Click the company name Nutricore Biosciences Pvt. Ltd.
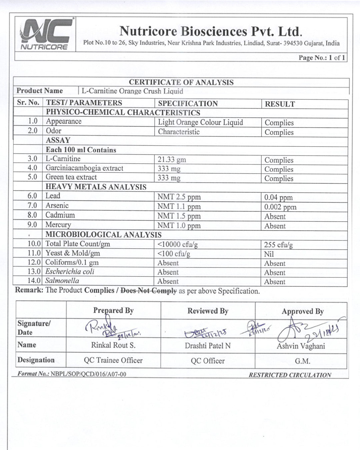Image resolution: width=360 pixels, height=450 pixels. [x=211, y=31]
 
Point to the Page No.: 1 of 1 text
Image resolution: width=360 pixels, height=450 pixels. [x=322, y=58]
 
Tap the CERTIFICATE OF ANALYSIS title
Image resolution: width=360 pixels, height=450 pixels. [x=181, y=82]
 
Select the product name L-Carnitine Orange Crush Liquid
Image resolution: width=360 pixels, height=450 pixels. [x=132, y=91]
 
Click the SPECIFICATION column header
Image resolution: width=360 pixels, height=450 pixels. [x=188, y=104]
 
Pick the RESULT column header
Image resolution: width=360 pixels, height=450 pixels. [x=280, y=104]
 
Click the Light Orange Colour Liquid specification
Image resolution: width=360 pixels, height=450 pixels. [x=200, y=122]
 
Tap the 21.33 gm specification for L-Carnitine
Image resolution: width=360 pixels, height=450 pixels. [x=172, y=160]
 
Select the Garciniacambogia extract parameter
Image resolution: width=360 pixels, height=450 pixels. [x=84, y=168]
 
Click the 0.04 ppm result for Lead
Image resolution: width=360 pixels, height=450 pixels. [x=278, y=197]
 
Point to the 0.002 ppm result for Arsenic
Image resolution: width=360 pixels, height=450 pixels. [x=280, y=207]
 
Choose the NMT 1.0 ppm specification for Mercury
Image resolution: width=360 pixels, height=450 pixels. [x=179, y=226]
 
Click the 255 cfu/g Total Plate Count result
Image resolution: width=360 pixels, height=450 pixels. [x=278, y=245]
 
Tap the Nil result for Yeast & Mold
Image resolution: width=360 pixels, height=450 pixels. [x=269, y=254]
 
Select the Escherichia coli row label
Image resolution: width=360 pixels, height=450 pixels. [x=70, y=272]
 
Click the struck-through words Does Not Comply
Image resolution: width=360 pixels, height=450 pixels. [x=148, y=291]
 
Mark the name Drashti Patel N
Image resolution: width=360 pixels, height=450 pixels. [x=208, y=346]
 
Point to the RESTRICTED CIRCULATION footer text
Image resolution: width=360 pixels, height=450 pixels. [x=290, y=375]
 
